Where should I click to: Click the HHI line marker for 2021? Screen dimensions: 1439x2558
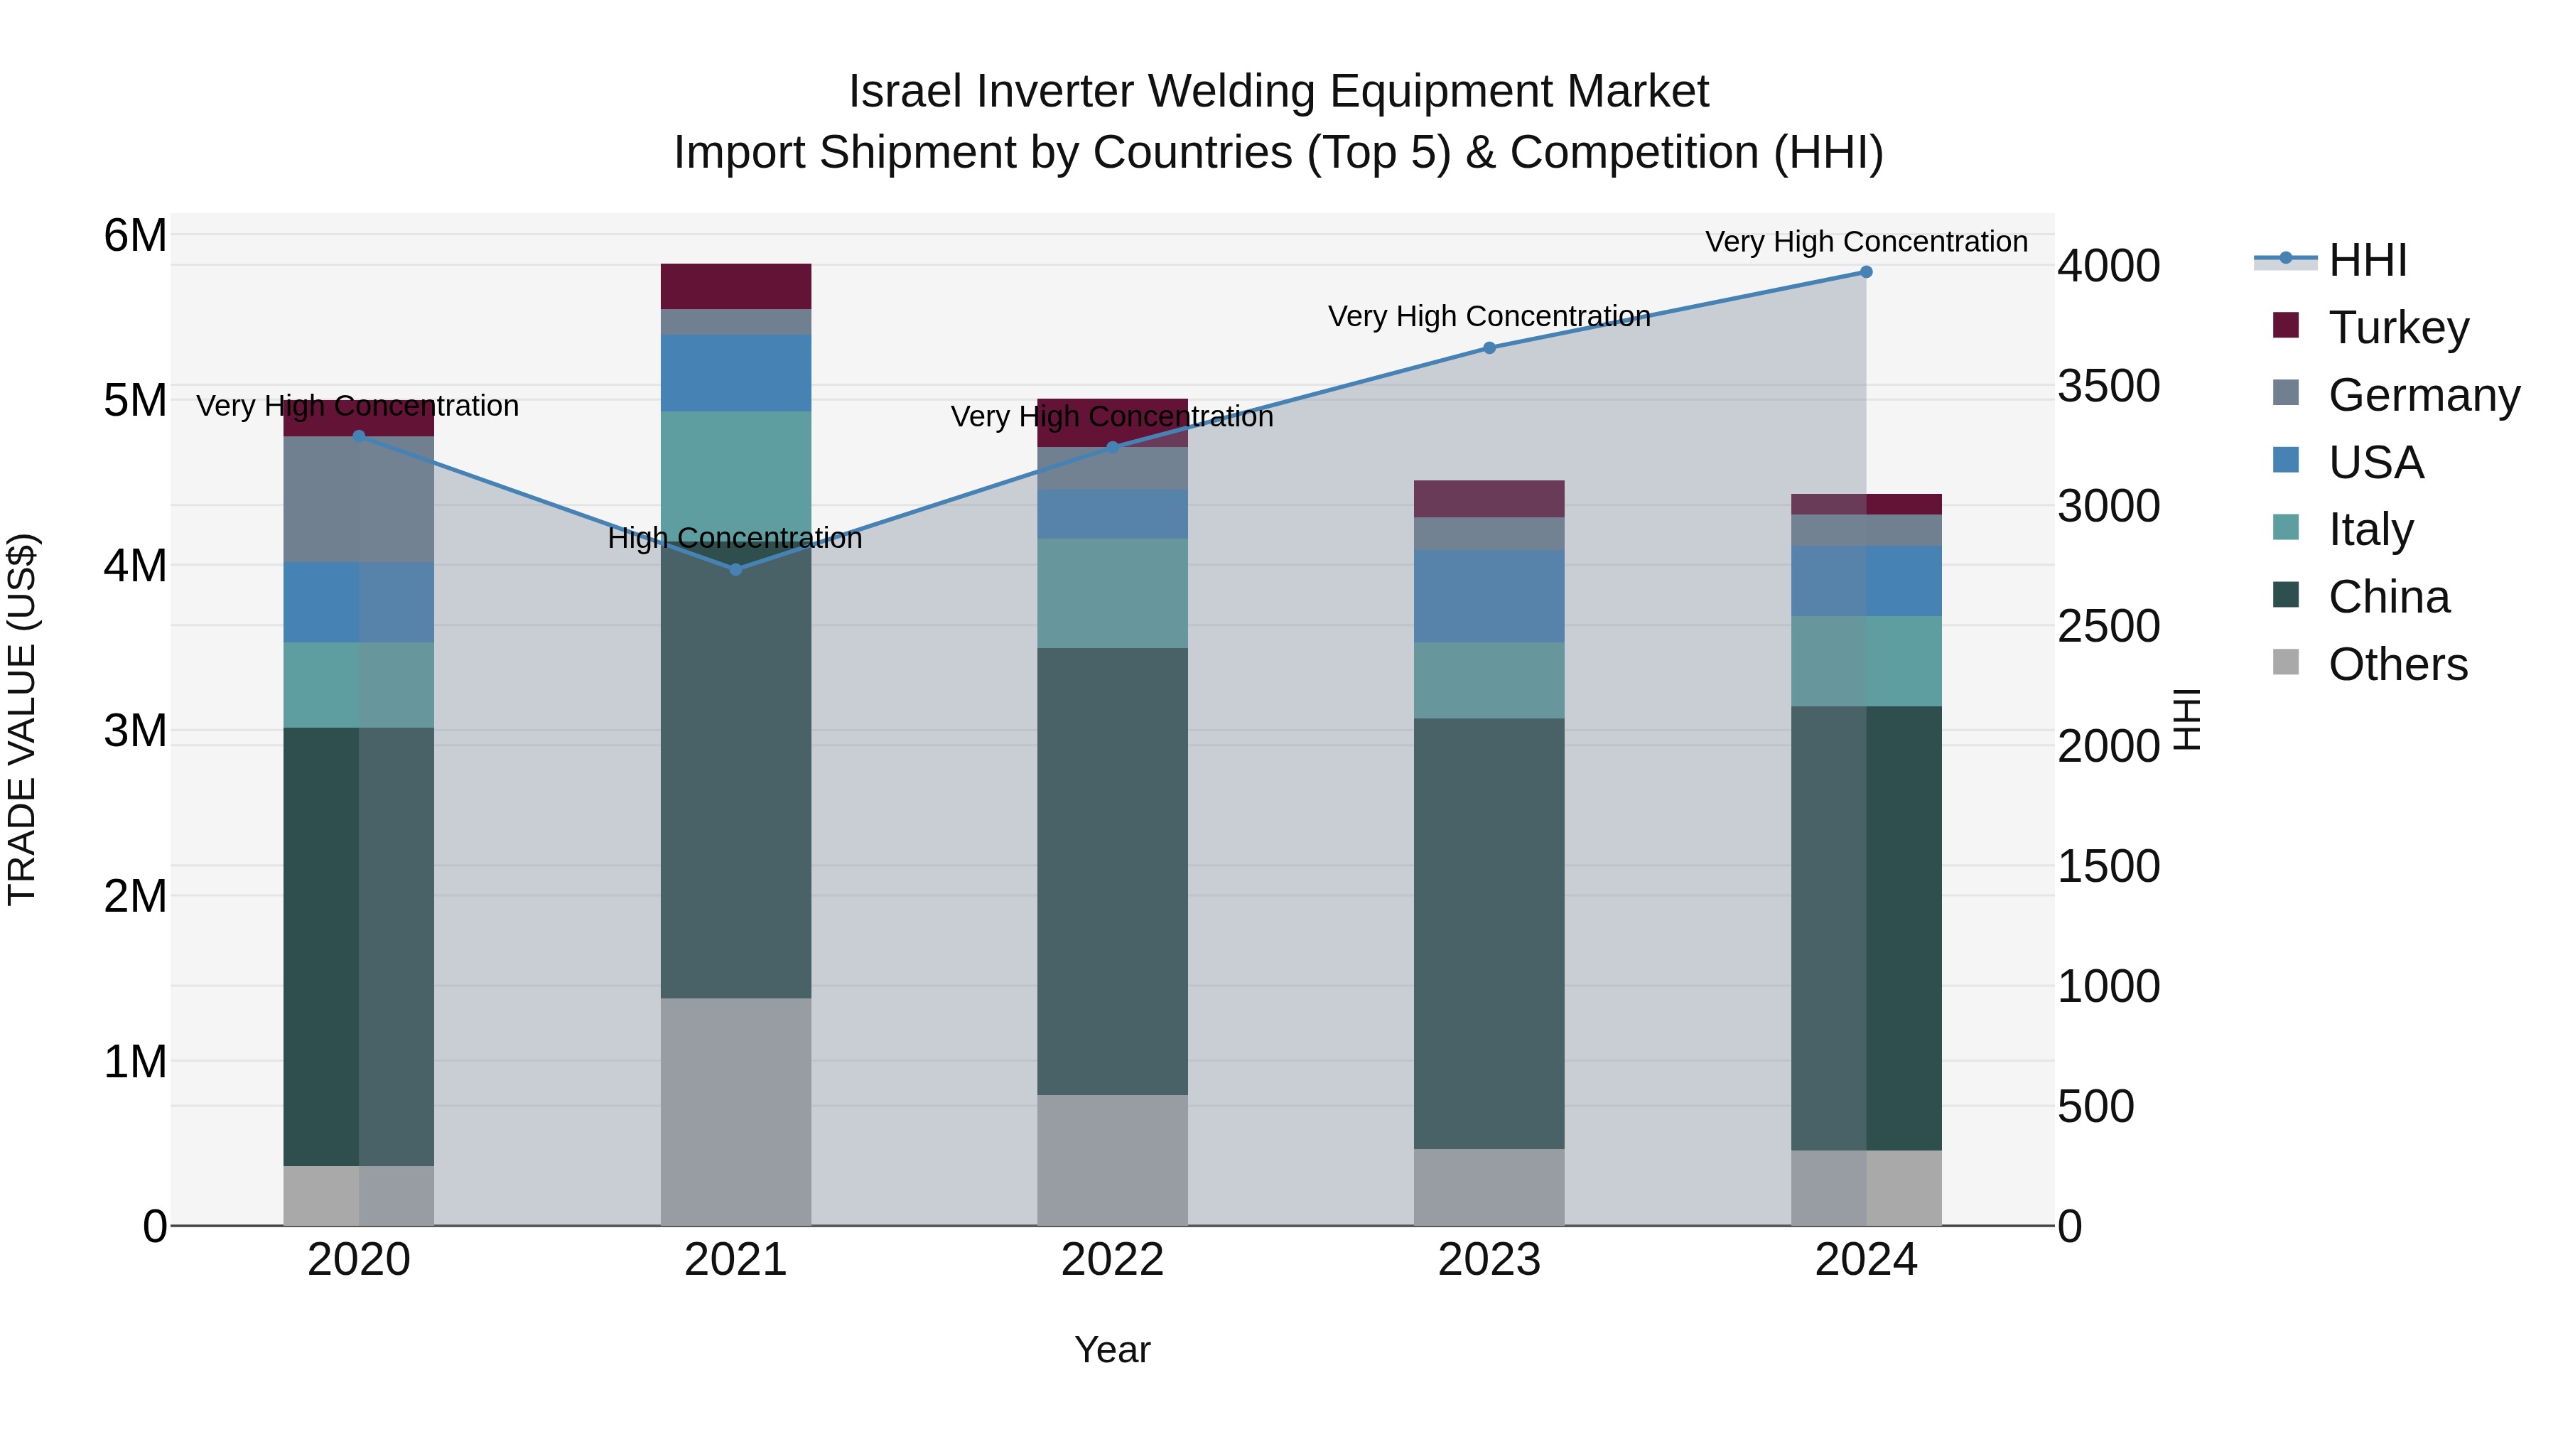(736, 569)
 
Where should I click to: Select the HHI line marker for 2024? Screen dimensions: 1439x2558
(1866, 272)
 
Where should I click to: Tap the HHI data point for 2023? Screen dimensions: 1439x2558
(1489, 347)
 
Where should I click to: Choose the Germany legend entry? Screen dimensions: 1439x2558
(2423, 395)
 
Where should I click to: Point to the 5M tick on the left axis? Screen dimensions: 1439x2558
(135, 401)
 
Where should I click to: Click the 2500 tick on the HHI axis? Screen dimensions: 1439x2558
(2108, 627)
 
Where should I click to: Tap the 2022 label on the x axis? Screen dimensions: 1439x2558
(1112, 1260)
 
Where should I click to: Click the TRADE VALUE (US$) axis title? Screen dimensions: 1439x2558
(22, 719)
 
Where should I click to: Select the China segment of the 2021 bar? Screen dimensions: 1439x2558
(736, 775)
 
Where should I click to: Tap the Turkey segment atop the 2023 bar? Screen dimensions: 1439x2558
(1489, 499)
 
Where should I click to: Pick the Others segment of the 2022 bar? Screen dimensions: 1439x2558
(1112, 1160)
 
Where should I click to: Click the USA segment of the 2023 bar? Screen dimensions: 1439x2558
(1489, 596)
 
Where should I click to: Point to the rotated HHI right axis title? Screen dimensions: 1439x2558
(2186, 719)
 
